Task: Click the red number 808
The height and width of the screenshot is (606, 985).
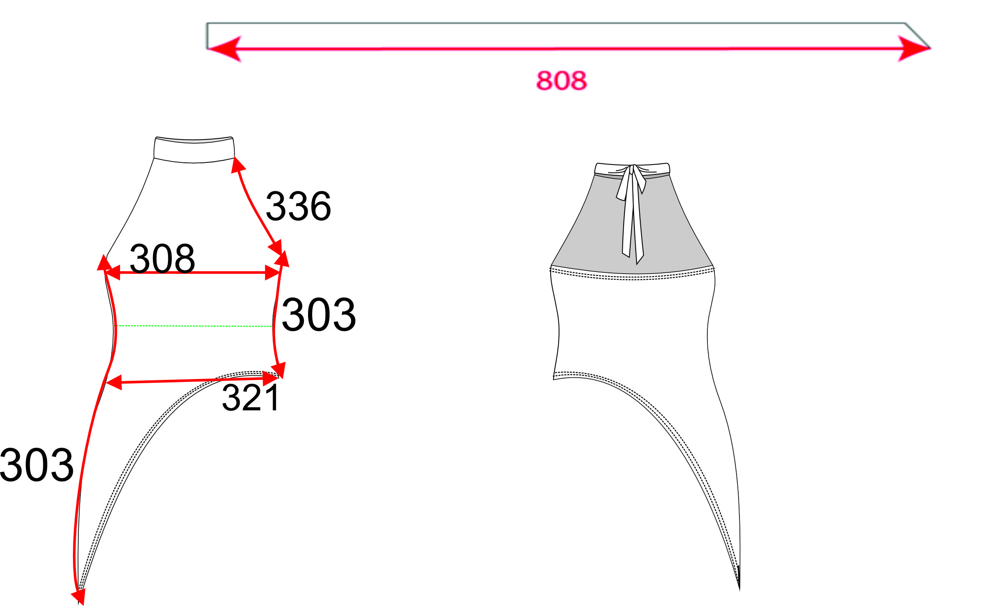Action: [561, 80]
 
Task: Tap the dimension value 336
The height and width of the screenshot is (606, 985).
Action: [298, 206]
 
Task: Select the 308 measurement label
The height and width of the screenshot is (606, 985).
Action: [162, 258]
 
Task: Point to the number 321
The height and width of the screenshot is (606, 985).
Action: [251, 398]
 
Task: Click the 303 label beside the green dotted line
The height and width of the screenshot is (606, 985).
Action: [319, 314]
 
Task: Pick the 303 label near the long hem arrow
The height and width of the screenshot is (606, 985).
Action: [37, 465]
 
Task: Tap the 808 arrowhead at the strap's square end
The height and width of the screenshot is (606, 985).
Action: [225, 49]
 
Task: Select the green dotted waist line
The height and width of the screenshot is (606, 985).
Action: [194, 326]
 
